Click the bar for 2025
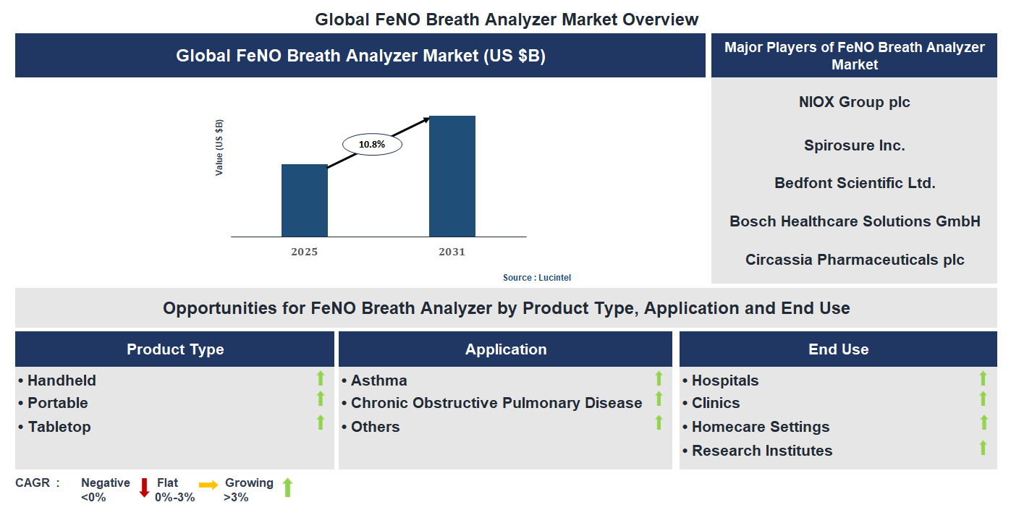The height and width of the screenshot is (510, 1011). (304, 200)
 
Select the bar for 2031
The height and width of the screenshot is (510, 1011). (452, 176)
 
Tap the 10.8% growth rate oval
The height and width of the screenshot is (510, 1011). (371, 144)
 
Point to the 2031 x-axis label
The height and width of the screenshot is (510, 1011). (452, 252)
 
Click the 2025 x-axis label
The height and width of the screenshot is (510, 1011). (304, 252)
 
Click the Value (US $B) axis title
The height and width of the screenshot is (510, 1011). (219, 148)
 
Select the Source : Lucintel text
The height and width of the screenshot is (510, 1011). (537, 278)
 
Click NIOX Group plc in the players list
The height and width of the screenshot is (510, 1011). (854, 102)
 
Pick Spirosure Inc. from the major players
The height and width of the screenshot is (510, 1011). (854, 145)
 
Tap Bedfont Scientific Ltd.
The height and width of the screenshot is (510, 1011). (855, 183)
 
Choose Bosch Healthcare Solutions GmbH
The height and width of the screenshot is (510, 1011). (855, 221)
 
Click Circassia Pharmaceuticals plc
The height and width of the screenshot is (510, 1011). (855, 260)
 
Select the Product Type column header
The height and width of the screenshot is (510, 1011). (175, 349)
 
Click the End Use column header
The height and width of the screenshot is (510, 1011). (838, 349)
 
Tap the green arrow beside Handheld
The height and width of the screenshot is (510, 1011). (320, 378)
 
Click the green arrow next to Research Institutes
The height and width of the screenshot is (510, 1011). (983, 448)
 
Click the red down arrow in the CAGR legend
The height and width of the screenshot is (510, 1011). (144, 488)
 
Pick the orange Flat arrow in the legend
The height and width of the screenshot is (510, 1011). (208, 485)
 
